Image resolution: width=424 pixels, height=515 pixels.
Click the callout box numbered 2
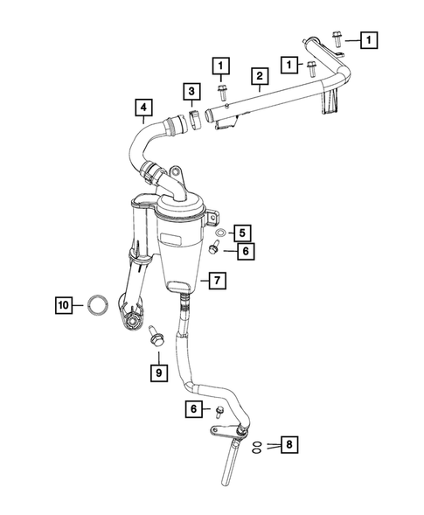[260, 76]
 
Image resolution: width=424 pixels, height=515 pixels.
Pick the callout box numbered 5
[243, 232]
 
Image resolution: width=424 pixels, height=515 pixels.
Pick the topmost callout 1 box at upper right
[370, 39]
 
